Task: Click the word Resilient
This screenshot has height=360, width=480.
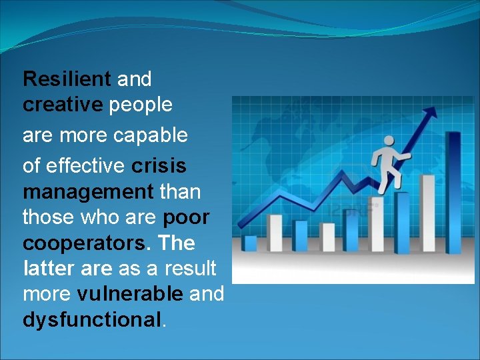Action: pos(67,79)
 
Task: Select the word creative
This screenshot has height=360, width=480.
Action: pos(63,105)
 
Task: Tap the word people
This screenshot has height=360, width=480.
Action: pos(141,105)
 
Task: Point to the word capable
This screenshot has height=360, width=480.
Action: pos(151,136)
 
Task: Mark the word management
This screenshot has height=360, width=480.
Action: pos(88,193)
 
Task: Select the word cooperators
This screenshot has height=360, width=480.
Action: pos(83,243)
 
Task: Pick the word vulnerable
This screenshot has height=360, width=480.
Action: pos(130,294)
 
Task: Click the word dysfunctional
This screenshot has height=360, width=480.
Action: pos(92,321)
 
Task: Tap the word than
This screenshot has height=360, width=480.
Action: pos(180,193)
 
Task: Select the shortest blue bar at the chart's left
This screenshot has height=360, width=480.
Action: pos(251,243)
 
